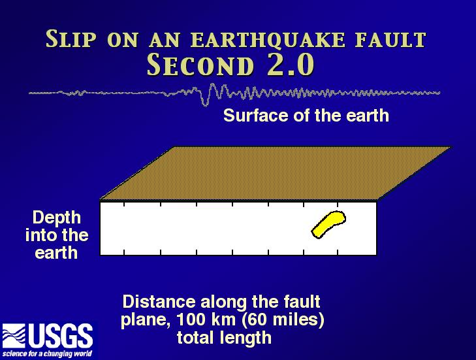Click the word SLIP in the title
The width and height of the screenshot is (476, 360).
pos(71,39)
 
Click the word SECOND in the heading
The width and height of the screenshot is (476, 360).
pos(200,65)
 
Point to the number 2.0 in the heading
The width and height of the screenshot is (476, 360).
pos(291,65)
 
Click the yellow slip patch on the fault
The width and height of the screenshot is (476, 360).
pos(328,224)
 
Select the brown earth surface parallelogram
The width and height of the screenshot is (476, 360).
pos(276,173)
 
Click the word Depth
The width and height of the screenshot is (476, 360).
pos(57,218)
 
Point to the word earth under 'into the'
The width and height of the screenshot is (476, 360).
pos(56,253)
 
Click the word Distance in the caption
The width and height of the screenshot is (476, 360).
pos(159,301)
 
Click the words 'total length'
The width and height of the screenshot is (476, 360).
pos(224,338)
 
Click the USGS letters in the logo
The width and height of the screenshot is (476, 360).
pos(61,336)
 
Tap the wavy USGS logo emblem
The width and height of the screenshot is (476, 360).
pos(14,336)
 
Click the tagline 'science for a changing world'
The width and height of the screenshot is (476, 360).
pos(47,353)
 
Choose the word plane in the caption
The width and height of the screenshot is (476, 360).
pos(146,320)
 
